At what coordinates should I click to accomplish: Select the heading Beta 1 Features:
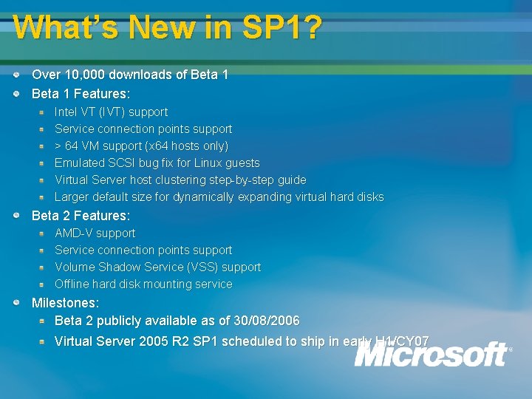tap(81, 94)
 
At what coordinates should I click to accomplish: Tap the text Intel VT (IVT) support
tap(111, 112)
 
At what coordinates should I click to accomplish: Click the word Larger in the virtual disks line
tap(72, 197)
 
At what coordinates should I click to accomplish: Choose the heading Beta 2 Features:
tap(81, 216)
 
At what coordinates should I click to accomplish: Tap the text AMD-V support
tap(95, 233)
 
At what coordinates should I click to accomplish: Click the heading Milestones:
tap(65, 303)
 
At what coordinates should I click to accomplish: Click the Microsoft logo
tap(432, 355)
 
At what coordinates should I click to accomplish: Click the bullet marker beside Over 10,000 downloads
tap(16, 75)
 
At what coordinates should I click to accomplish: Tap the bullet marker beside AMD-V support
tap(43, 233)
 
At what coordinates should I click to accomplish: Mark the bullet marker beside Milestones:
tap(16, 303)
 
